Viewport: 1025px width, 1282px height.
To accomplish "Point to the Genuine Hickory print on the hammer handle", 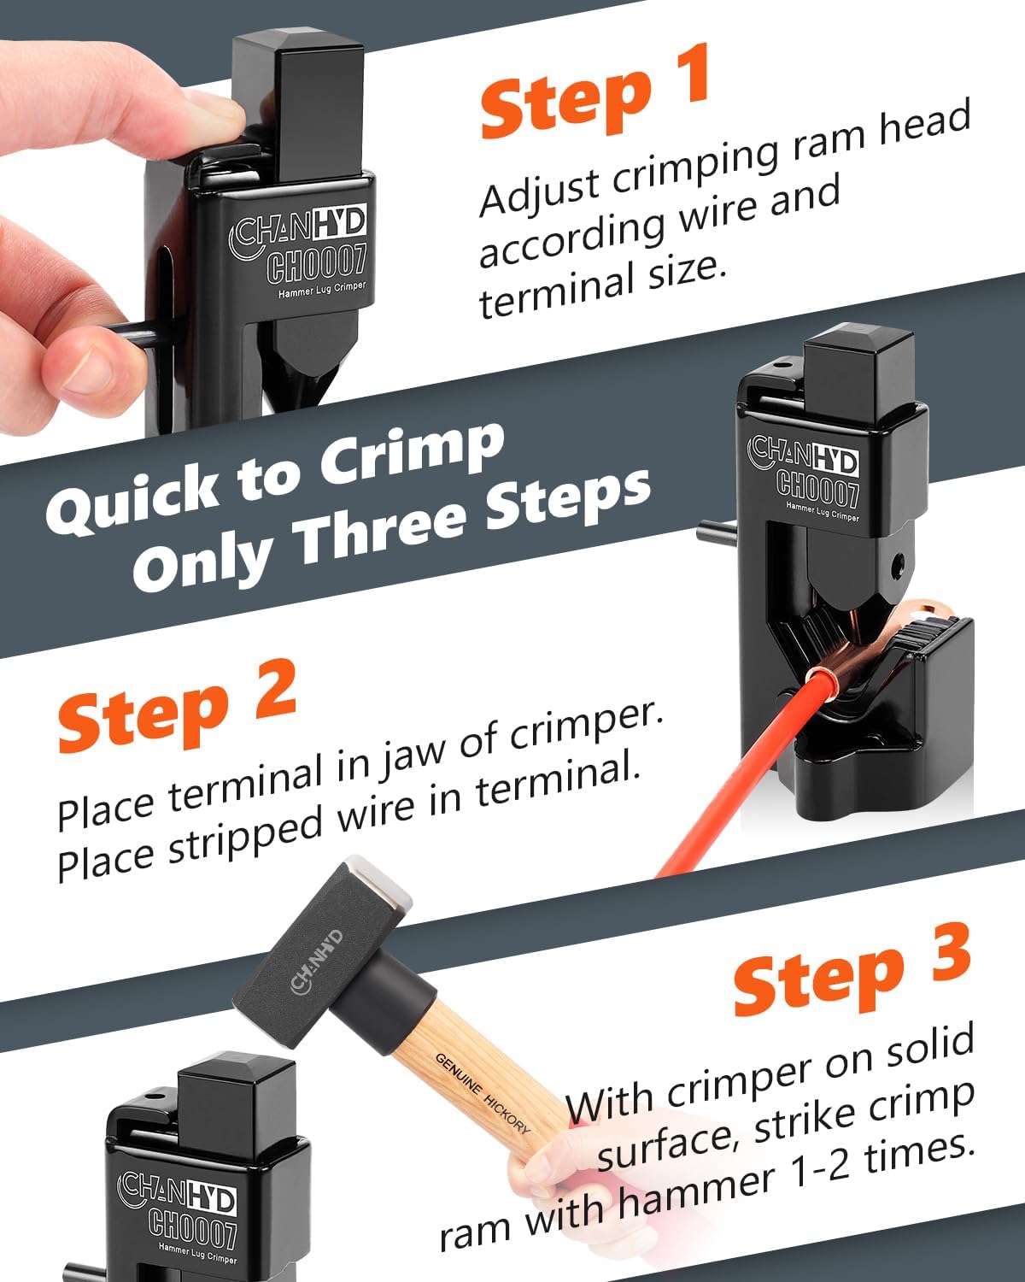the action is pyautogui.click(x=483, y=1094).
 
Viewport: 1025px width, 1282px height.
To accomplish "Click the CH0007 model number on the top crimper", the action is pyautogui.click(x=317, y=263).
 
